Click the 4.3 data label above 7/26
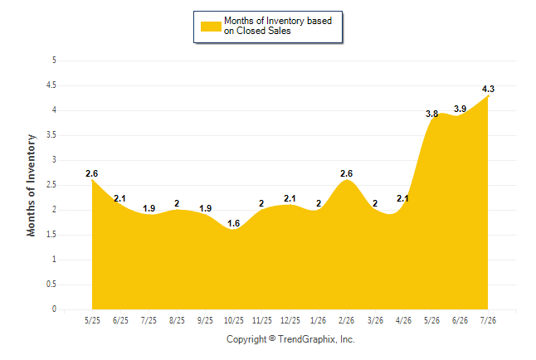[488, 89]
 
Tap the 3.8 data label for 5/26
[431, 114]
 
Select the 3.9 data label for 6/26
[460, 109]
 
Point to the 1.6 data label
[234, 223]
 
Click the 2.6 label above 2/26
[346, 173]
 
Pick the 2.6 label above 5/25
[92, 173]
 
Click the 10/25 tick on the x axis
[234, 320]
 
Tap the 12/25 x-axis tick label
[290, 320]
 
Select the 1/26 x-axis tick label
[319, 320]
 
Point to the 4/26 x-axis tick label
[404, 320]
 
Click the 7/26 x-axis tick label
[488, 320]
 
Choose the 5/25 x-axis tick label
[92, 320]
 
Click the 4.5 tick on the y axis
[51, 85]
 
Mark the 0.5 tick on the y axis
[51, 285]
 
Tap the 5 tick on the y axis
[54, 61]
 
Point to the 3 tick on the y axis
[54, 159]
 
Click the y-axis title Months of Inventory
[31, 185]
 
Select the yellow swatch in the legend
[211, 27]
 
